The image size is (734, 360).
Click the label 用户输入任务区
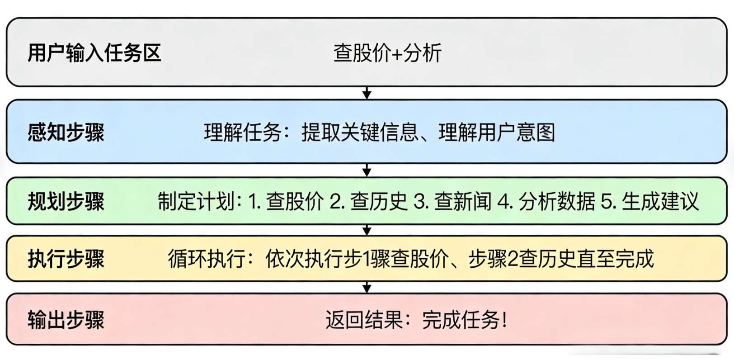[x=94, y=53]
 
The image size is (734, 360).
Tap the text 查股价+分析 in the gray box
[x=387, y=53]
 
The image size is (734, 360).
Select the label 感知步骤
[x=66, y=132]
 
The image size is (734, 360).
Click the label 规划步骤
[x=66, y=201]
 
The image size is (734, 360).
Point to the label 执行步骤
[x=66, y=259]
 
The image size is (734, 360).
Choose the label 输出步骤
[x=66, y=320]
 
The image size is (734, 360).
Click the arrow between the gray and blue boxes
[x=367, y=93]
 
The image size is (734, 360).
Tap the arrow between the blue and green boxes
[x=367, y=170]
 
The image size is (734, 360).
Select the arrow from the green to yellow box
[x=367, y=230]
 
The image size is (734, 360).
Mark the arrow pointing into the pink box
[x=367, y=288]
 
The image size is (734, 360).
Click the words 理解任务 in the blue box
[x=242, y=132]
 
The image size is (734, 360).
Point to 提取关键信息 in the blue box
[x=360, y=132]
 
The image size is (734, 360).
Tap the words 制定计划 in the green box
[x=196, y=201]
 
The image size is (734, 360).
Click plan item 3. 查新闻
[x=452, y=201]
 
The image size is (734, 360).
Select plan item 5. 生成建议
[x=650, y=201]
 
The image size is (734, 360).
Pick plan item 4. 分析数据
[x=546, y=201]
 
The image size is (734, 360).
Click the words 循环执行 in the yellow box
[x=207, y=259]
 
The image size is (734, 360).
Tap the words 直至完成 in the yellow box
[x=616, y=259]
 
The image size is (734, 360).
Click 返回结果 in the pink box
[x=364, y=320]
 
